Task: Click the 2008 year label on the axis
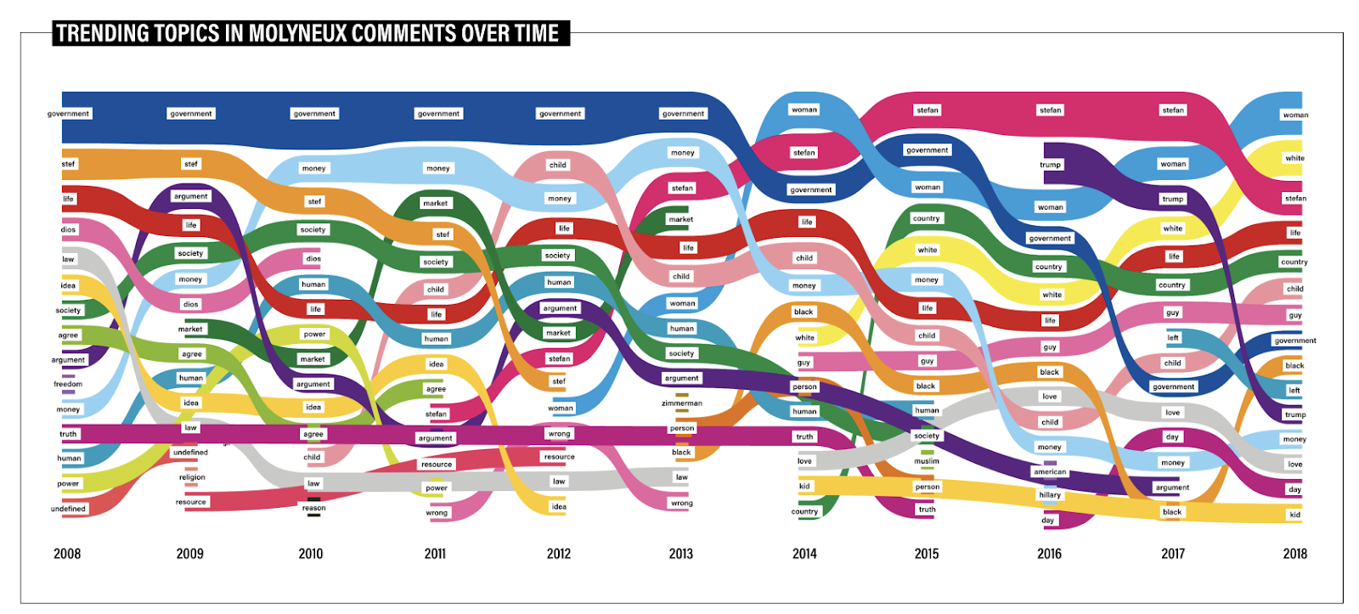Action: pos(67,554)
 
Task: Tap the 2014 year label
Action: pos(804,554)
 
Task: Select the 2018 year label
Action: pos(1294,554)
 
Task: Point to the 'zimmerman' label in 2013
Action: pos(682,403)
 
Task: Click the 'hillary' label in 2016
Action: pos(1050,495)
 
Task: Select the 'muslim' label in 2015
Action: pos(927,461)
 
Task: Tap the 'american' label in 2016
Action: pos(1050,472)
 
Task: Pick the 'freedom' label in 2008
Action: pos(68,384)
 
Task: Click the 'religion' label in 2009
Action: pos(192,477)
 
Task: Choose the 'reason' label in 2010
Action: pos(313,508)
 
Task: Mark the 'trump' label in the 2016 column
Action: pos(1050,165)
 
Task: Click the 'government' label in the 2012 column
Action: pos(561,114)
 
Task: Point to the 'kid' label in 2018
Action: pos(1294,515)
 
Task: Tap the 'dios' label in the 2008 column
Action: pos(68,229)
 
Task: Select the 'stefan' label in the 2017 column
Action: pos(1173,110)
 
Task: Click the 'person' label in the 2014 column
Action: pos(804,387)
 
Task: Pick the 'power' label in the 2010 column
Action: pos(314,335)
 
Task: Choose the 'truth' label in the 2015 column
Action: pos(927,510)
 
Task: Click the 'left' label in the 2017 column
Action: pos(1173,338)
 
